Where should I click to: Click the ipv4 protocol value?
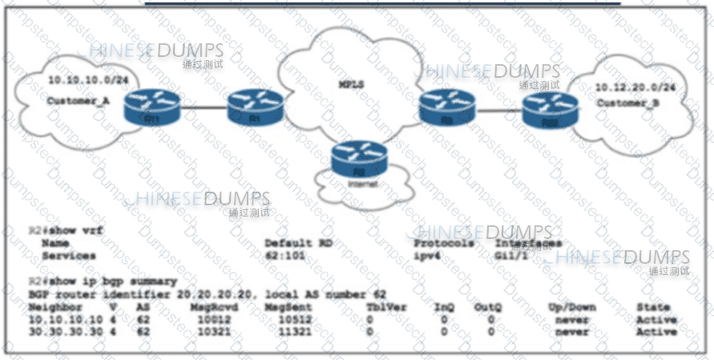428,256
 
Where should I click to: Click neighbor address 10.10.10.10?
63,320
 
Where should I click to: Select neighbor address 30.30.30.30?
63,331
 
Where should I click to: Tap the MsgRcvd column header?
211,307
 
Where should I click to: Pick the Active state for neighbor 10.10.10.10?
656,320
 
